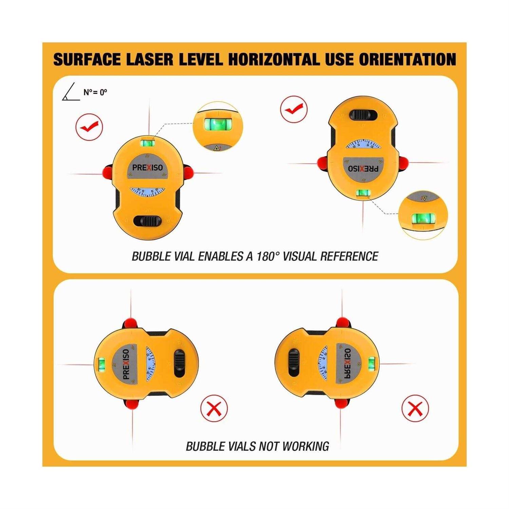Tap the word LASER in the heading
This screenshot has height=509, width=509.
[x=150, y=59]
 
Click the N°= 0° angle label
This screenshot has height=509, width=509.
[x=95, y=92]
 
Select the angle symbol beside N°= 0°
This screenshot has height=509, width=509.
[x=70, y=92]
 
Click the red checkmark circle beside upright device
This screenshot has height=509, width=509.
[x=89, y=127]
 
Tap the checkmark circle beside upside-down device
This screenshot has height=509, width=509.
[x=294, y=109]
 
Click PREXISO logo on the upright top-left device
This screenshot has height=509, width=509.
[x=147, y=167]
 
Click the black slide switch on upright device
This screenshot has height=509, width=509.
[x=147, y=221]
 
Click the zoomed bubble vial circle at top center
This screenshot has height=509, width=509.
[x=218, y=126]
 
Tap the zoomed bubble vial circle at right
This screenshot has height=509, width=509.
[x=423, y=215]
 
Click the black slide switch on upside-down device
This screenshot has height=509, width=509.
[x=363, y=115]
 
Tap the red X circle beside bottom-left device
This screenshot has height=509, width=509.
[x=214, y=408]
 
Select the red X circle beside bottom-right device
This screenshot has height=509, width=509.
[x=415, y=408]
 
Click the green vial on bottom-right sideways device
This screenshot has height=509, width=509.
[x=372, y=363]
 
